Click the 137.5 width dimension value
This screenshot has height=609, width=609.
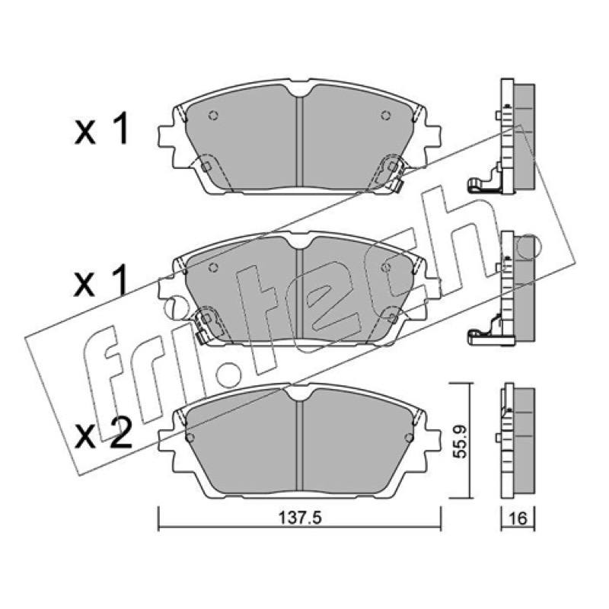click(300, 518)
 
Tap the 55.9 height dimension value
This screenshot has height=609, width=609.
click(461, 441)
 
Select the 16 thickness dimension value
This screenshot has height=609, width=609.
click(518, 518)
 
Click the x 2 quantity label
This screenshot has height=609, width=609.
click(104, 436)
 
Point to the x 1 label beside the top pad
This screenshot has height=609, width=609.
click(101, 129)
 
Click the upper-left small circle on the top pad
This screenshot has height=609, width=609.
click(213, 115)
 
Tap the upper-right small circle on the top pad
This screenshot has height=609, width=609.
click(385, 115)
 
